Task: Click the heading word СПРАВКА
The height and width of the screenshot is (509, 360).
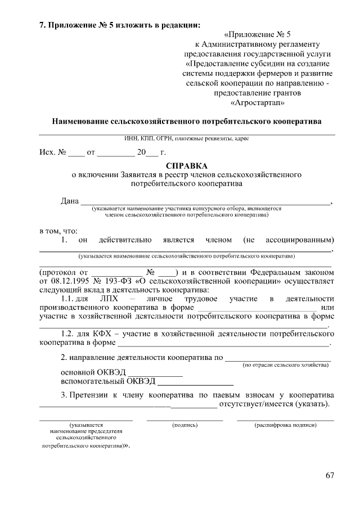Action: (187, 166)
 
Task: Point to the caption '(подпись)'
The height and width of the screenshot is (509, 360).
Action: (184, 425)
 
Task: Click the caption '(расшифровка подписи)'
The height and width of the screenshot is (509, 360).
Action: (285, 425)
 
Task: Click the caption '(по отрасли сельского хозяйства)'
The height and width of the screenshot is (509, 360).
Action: (286, 366)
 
